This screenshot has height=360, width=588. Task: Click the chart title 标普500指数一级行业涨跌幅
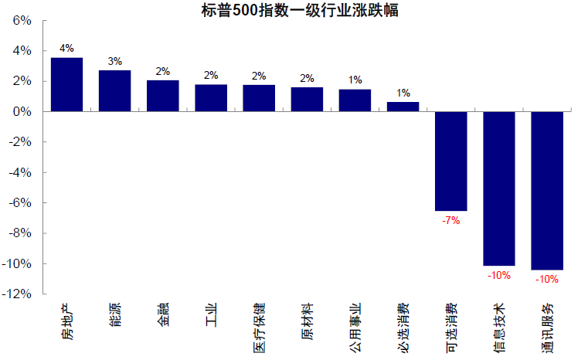[x=293, y=10]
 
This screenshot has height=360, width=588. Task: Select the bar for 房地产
[x=66, y=85]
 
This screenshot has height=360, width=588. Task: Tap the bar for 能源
[x=114, y=91]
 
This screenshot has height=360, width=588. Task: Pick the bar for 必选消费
[x=403, y=107]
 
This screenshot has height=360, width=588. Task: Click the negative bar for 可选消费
[x=450, y=161]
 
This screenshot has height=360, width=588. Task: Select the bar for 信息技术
[x=498, y=188]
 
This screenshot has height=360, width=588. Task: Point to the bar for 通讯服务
[x=547, y=191]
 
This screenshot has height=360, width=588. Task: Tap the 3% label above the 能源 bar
[x=114, y=61]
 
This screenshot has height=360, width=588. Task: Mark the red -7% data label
[x=450, y=220]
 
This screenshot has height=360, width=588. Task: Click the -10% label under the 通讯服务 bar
[x=547, y=279]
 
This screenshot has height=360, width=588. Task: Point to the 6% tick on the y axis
[x=22, y=21]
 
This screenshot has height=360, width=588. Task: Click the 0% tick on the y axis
[x=22, y=112]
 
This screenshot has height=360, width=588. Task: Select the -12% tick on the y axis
[x=18, y=294]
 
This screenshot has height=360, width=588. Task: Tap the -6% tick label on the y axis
[x=19, y=203]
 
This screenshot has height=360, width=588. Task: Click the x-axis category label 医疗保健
[x=259, y=326]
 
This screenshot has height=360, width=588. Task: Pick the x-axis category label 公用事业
[x=355, y=326]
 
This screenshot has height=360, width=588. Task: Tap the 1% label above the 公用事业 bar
[x=355, y=80]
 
